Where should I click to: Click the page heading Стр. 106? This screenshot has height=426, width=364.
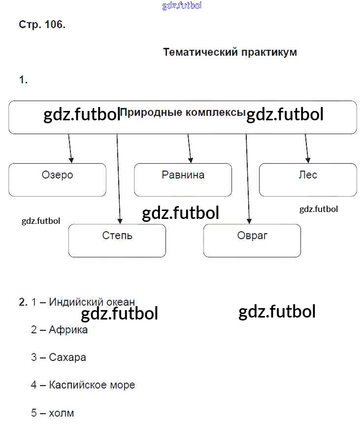42,24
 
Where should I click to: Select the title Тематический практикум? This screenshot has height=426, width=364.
230,52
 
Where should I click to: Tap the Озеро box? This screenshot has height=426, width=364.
57,179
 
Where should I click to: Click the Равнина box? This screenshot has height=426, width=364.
183,179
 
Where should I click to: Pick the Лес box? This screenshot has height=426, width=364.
308,179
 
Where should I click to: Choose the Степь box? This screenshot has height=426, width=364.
117,240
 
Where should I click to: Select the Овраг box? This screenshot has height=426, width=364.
252,240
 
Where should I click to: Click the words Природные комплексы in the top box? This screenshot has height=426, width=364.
182,112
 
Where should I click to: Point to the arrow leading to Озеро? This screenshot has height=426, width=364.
70,148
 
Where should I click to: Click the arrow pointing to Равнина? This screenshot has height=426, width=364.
190,148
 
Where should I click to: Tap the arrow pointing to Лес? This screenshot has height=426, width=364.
307,148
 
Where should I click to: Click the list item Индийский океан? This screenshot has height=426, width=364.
92,302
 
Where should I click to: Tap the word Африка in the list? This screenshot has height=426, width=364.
68,329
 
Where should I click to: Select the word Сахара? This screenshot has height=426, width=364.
67,357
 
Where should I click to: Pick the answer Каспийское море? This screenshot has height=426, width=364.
92,385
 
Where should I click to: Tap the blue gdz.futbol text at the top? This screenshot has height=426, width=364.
182,6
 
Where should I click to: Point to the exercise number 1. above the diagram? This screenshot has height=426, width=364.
23,80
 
